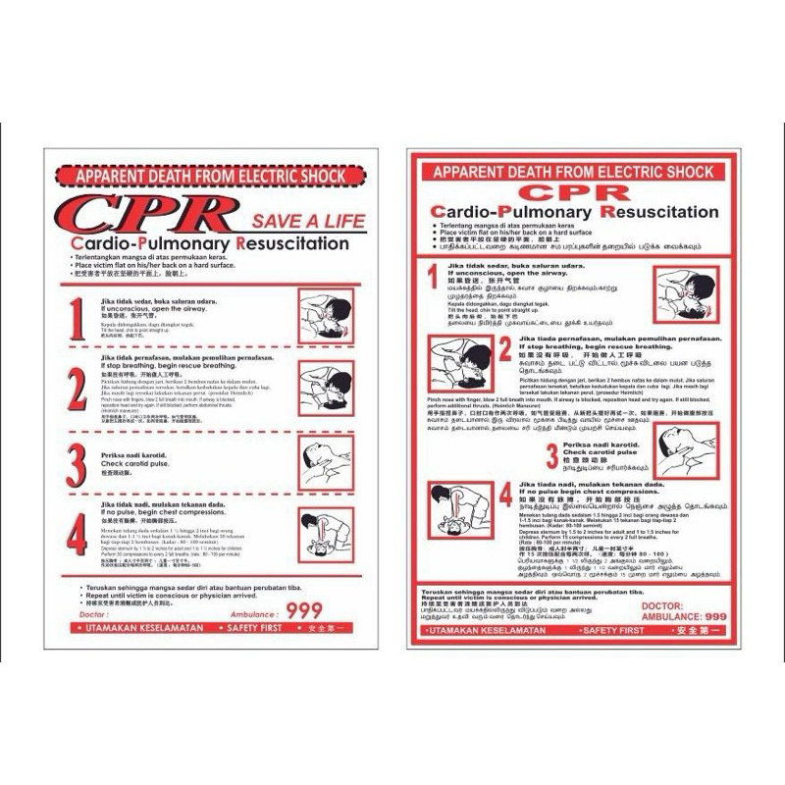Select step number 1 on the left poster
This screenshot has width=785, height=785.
(78, 316)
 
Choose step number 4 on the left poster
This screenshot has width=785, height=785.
(77, 535)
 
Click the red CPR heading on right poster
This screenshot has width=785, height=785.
(570, 191)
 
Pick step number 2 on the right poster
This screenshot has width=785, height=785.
(504, 350)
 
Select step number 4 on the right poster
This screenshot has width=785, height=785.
(504, 494)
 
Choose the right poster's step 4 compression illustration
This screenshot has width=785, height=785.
(459, 511)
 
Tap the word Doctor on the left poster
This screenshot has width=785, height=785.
(92, 612)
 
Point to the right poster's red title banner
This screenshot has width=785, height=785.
(574, 171)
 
